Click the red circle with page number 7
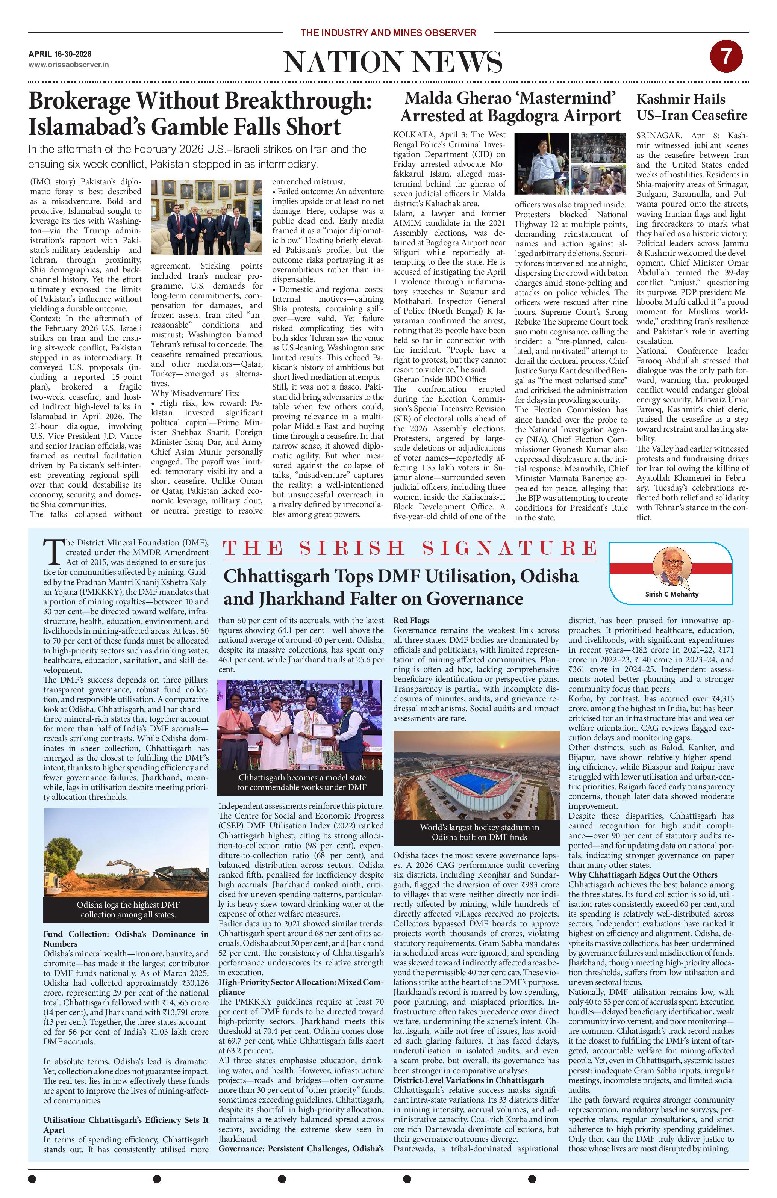(x=726, y=58)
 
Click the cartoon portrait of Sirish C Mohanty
(x=670, y=567)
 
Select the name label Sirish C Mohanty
(x=672, y=594)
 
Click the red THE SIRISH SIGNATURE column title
(x=409, y=548)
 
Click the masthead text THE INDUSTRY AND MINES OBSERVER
(x=388, y=33)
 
